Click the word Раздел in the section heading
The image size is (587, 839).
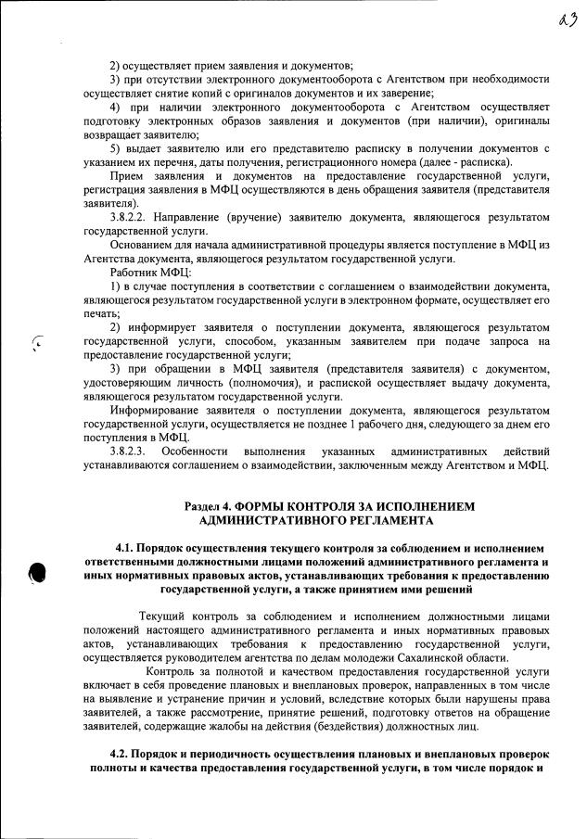(203, 507)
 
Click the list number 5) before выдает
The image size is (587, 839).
(116, 148)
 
